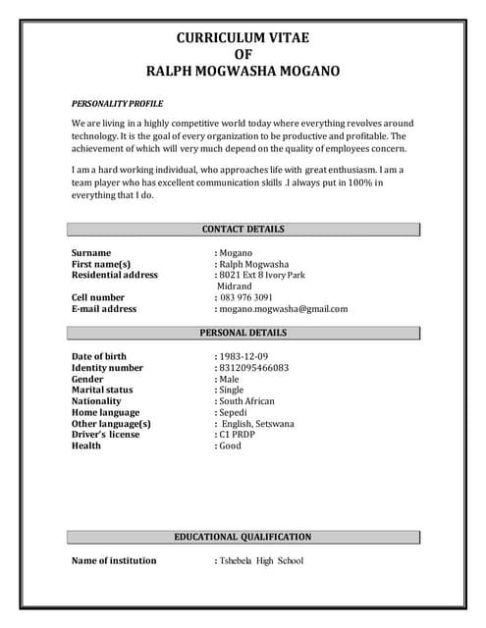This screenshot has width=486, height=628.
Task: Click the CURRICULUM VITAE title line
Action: tap(243, 38)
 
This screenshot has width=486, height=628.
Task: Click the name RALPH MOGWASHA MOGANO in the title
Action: tap(243, 71)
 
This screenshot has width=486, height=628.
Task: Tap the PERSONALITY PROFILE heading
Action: tap(118, 103)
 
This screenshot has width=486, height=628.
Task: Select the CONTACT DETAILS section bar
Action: tap(243, 230)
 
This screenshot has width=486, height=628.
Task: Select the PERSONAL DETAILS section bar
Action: tap(243, 333)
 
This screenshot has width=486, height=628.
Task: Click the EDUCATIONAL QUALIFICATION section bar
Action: tap(243, 537)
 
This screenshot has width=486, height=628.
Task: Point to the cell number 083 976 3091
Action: tap(246, 297)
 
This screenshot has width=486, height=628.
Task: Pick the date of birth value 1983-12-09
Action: tap(243, 356)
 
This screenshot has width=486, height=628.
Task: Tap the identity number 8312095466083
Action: tap(254, 368)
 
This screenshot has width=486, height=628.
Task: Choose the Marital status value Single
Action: tap(232, 390)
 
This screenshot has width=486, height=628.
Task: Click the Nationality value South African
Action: tap(247, 401)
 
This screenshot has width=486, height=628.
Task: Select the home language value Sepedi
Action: tap(234, 413)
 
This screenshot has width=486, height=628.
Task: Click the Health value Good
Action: tap(231, 446)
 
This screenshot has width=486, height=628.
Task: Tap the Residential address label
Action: tap(115, 276)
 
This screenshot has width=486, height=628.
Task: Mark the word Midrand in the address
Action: tap(235, 287)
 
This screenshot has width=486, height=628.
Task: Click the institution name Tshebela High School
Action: tap(261, 561)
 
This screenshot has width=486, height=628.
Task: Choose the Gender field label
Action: tap(87, 379)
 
